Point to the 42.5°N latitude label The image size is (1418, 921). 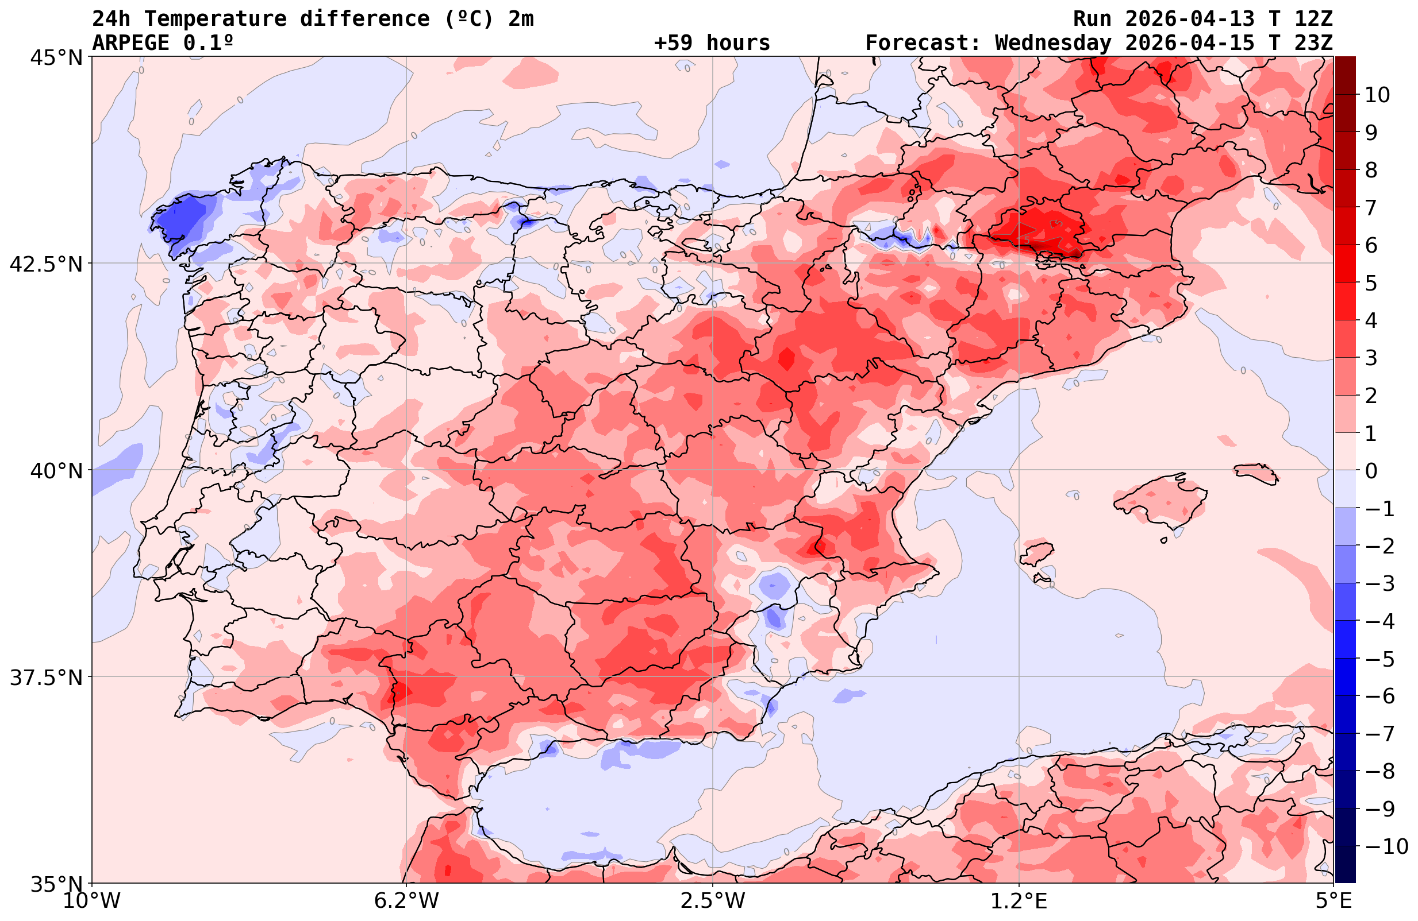click(x=47, y=264)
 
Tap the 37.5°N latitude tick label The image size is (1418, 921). click(x=47, y=678)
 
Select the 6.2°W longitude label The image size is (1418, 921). click(x=406, y=901)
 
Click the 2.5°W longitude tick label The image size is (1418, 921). click(x=713, y=901)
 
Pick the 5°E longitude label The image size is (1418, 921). click(x=1332, y=901)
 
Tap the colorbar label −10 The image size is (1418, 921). click(x=1386, y=846)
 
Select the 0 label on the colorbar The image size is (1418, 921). click(x=1371, y=471)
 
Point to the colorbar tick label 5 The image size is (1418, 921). click(x=1371, y=284)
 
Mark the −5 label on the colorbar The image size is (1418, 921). click(x=1379, y=659)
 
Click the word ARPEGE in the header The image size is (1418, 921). click(x=130, y=43)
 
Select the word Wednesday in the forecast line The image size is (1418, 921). click(x=1052, y=43)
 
